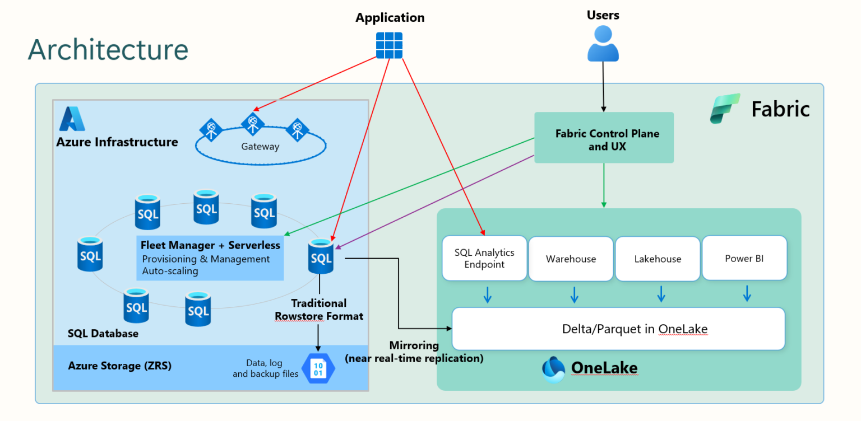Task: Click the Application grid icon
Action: point(389,45)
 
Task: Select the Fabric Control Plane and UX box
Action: point(604,138)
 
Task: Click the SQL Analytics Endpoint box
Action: point(484,258)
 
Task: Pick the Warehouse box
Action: point(571,259)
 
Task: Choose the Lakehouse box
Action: point(658,259)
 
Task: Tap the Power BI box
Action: point(744,258)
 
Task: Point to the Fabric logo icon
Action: point(725,109)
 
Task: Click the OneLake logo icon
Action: point(554,368)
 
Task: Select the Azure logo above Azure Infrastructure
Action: point(72,119)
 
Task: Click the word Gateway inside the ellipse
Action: point(260,147)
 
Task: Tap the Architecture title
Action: point(108,49)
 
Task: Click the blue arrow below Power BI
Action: point(747,293)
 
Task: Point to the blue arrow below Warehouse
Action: point(574,294)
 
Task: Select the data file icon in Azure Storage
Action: point(318,368)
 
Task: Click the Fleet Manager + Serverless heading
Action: point(210,245)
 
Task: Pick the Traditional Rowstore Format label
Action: point(318,310)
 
